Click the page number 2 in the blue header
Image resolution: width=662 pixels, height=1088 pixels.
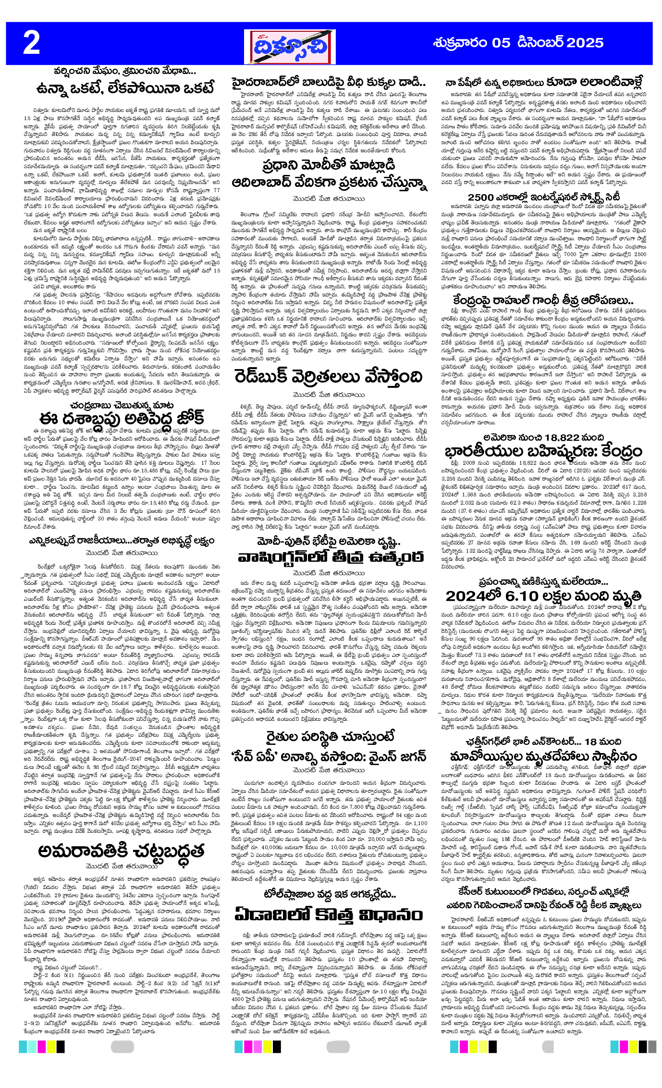pos(32,43)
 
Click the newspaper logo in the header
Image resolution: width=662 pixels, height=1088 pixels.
pos(286,47)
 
